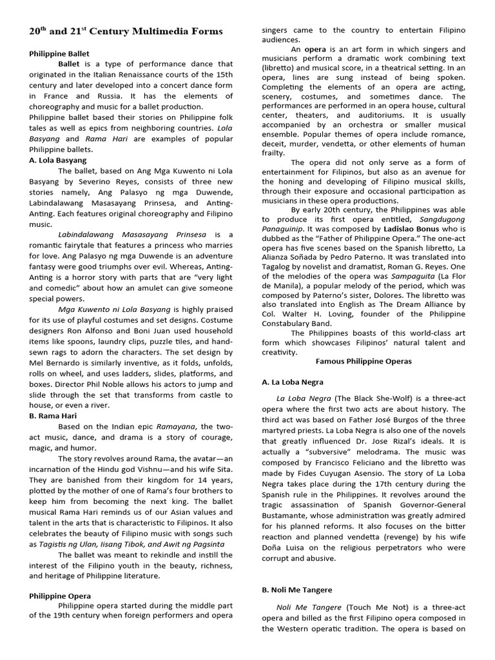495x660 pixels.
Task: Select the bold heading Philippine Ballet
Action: click(59, 53)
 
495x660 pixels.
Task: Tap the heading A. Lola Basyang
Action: click(57, 160)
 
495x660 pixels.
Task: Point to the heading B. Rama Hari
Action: click(52, 416)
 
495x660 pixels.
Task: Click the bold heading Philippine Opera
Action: click(60, 596)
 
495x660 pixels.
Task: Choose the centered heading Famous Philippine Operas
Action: click(364, 362)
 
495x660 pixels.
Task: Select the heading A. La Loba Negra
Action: click(292, 382)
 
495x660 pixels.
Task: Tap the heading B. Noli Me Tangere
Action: click(297, 589)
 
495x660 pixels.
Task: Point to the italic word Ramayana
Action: click(179, 427)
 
